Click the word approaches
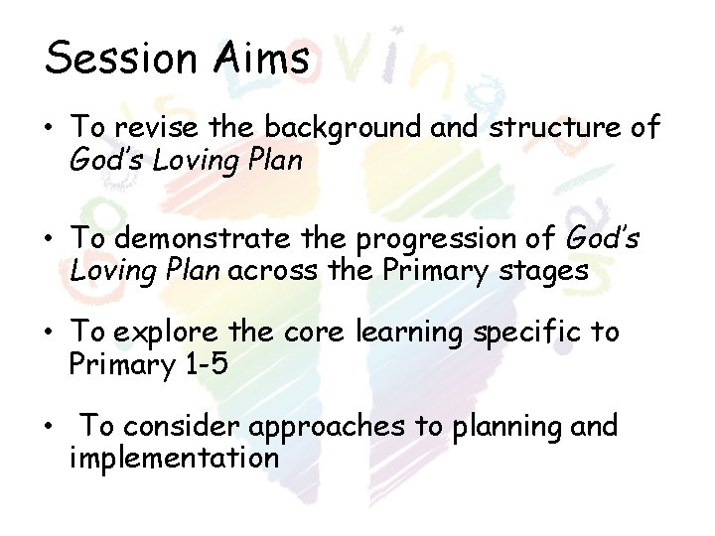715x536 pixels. [328, 429]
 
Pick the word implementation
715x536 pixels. [174, 458]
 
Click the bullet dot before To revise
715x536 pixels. [50, 130]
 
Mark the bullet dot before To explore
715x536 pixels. [50, 335]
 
